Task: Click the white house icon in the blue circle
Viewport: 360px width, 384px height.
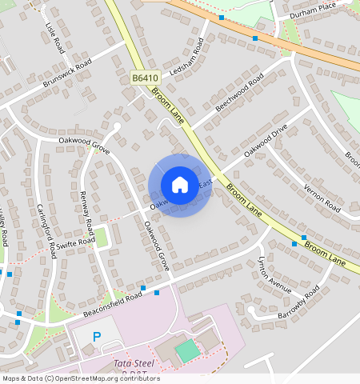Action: point(180,185)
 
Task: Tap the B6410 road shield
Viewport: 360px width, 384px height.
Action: point(145,78)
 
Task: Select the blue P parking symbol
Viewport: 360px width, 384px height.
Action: point(98,338)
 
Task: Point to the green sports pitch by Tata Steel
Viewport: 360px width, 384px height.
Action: point(186,350)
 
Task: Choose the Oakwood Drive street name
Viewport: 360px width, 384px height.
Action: point(266,139)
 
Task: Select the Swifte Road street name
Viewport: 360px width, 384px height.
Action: point(77,243)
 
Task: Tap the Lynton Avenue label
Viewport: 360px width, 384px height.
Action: point(274,274)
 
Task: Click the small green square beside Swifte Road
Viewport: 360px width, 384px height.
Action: point(102,237)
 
